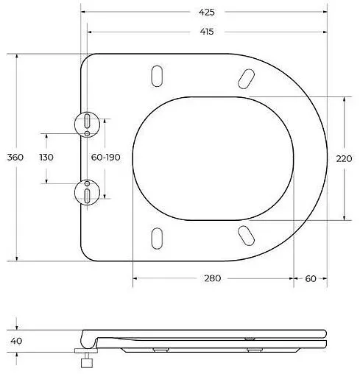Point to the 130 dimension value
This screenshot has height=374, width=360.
pos(46,158)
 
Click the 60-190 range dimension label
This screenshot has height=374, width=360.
pos(105,158)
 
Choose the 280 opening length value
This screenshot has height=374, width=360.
pos(213,278)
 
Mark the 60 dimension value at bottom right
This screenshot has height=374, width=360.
pos(310,278)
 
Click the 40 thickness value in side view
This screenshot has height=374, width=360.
pos(15,341)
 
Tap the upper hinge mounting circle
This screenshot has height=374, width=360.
pos(88,123)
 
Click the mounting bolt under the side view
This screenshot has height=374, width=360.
pos(85,360)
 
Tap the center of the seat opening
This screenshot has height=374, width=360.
pos(213,158)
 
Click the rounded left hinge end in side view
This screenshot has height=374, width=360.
pos(87,338)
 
